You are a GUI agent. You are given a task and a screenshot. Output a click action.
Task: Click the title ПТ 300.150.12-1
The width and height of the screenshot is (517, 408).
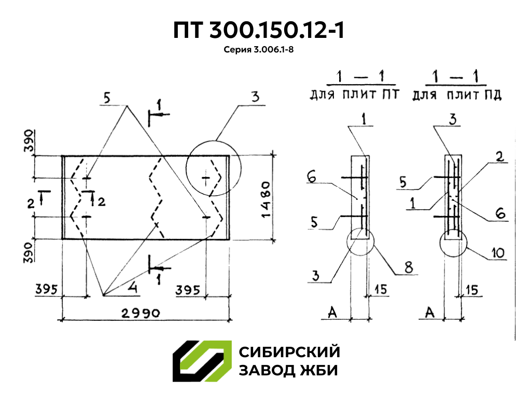tap(258, 31)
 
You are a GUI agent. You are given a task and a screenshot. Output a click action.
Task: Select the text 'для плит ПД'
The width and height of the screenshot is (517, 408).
tap(456, 96)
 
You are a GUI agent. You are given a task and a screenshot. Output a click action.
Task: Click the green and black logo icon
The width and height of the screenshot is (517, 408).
tap(201, 362)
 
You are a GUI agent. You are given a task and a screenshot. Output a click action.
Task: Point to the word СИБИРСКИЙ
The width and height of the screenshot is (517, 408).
tap(289, 352)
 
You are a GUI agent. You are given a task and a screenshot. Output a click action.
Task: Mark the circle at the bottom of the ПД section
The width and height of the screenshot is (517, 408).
tap(453, 243)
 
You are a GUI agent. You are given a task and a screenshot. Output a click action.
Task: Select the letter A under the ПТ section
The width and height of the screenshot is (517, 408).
tap(333, 311)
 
